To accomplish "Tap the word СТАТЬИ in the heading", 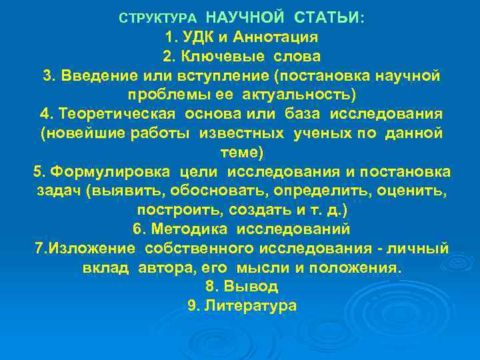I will [x=326, y=16].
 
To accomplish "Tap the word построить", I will [x=180, y=210].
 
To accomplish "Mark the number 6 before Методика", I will [x=137, y=229].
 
